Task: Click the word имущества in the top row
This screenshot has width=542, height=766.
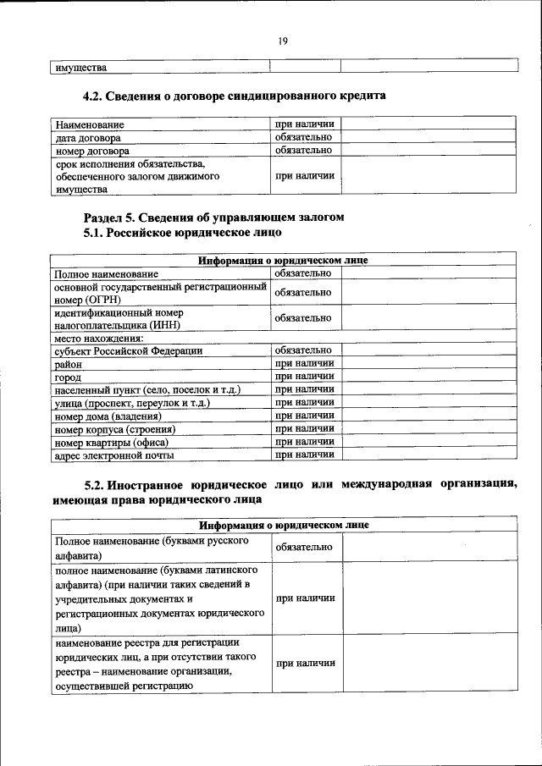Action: (81, 67)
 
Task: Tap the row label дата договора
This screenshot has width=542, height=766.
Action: (88, 137)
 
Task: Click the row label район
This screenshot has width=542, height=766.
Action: (69, 364)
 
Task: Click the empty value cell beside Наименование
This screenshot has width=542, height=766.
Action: (429, 124)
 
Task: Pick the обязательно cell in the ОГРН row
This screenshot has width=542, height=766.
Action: (303, 293)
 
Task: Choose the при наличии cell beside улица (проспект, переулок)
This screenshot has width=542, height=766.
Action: (304, 403)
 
